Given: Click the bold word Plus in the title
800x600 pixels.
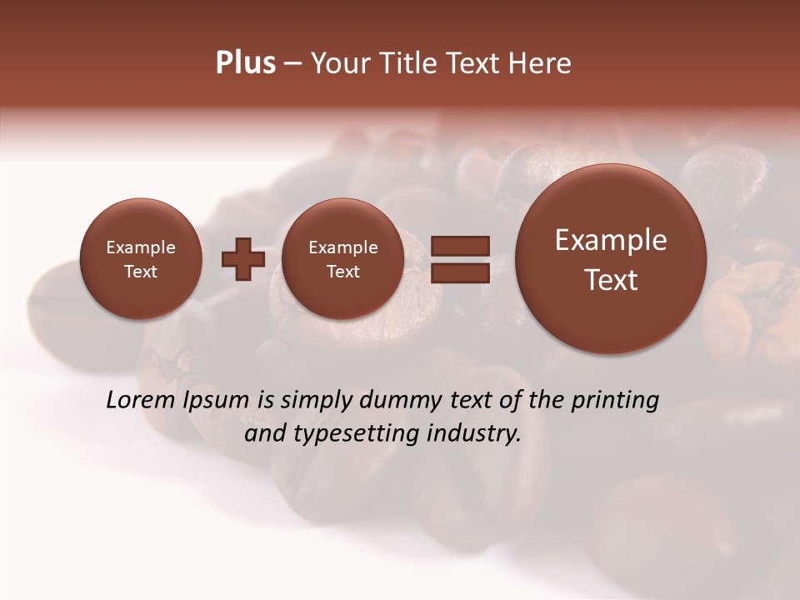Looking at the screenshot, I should point(246,63).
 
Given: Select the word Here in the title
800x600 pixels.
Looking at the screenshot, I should point(542,63).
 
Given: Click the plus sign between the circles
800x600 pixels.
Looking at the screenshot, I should point(242,259).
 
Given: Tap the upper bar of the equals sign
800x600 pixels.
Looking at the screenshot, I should point(459,246).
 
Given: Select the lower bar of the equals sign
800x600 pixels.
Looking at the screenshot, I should point(459,272).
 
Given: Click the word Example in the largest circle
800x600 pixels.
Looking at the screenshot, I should point(611,240).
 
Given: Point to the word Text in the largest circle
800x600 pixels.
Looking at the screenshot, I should point(611,280).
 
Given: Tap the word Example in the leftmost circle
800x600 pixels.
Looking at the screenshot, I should point(140,247).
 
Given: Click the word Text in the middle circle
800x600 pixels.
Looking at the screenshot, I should point(342,272).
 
